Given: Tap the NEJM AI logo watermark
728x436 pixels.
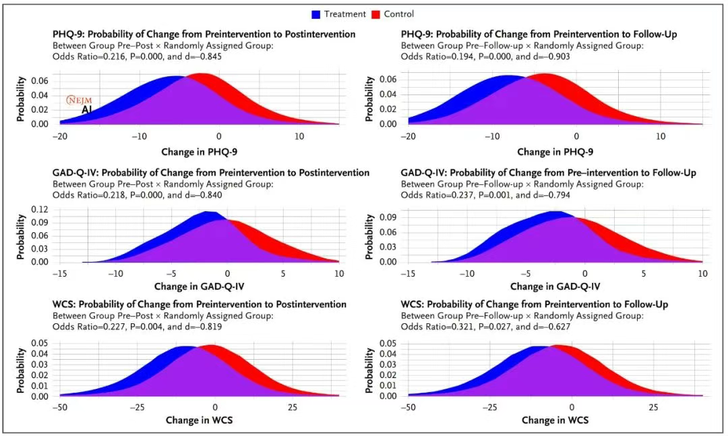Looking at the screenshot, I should tap(80, 104).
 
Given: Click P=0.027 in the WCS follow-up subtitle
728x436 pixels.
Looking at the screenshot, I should tap(493, 327).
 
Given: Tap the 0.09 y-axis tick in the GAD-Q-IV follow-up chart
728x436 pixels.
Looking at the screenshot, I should tap(386, 219).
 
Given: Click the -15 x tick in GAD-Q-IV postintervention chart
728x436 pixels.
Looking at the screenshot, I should tap(59, 274).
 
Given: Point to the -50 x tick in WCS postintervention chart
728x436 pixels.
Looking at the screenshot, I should tap(59, 408).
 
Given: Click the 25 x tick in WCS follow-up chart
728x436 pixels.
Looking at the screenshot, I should tap(653, 408).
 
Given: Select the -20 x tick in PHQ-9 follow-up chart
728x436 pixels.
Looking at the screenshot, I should tap(408, 136).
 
